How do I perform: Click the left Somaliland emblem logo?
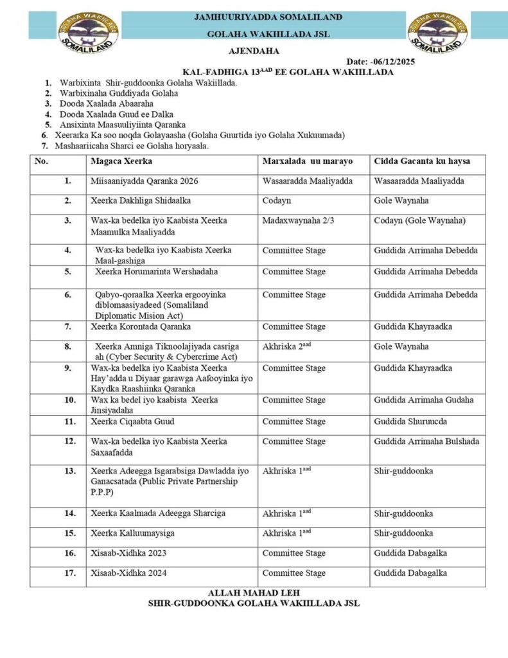coord(89,32)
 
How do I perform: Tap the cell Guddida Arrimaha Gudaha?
coord(423,400)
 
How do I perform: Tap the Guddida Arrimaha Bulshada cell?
coord(426,441)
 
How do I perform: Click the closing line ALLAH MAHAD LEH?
coord(254,592)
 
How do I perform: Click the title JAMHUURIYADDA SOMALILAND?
coord(268,17)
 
